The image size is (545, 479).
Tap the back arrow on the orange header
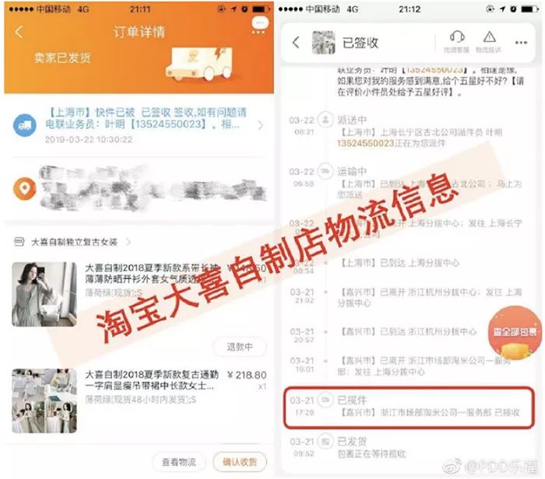pyautogui.click(x=19, y=33)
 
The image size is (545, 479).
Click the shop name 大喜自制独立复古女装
pyautogui.click(x=74, y=243)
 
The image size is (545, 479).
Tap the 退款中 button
pyautogui.click(x=240, y=347)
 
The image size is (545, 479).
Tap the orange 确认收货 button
pyautogui.click(x=240, y=460)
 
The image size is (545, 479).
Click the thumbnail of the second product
pyautogui.click(x=44, y=401)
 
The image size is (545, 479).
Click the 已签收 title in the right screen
pyautogui.click(x=360, y=43)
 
